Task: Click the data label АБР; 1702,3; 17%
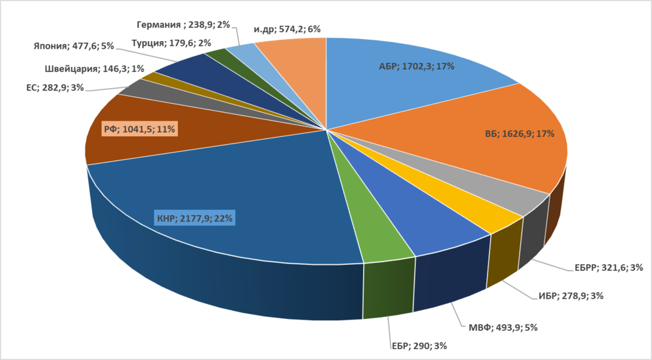coord(417,66)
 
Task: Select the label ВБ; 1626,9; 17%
coord(519,134)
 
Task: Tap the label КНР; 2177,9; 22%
coord(194,218)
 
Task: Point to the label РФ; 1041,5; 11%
coord(140,129)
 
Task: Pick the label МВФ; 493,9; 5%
coord(505,327)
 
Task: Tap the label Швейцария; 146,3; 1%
coord(95,68)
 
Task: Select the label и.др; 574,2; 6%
coord(287,29)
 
